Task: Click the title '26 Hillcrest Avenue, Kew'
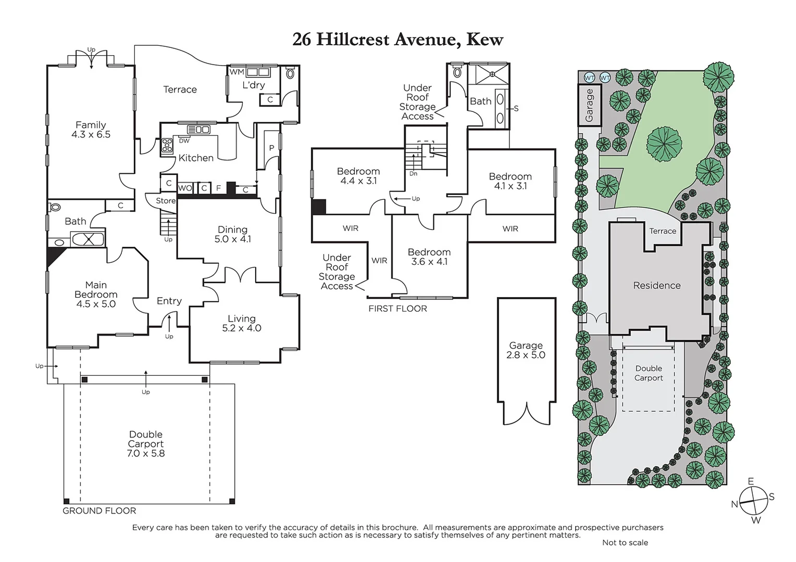(397, 40)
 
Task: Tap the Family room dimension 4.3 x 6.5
(91, 134)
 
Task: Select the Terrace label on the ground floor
(180, 90)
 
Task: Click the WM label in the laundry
(237, 72)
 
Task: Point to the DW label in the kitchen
(184, 140)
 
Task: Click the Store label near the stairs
(166, 200)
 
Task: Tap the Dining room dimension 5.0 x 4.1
(232, 239)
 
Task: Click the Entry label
(169, 301)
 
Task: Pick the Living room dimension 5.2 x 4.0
(241, 328)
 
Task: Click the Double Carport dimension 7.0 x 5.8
(146, 453)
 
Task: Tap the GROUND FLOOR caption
(99, 511)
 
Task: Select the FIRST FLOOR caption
(397, 309)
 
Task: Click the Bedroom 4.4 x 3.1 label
(358, 176)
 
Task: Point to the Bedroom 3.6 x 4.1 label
(429, 257)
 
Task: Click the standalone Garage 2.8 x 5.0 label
(526, 350)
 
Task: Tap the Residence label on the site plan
(656, 285)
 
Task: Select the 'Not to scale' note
(625, 542)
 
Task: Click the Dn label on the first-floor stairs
(413, 174)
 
